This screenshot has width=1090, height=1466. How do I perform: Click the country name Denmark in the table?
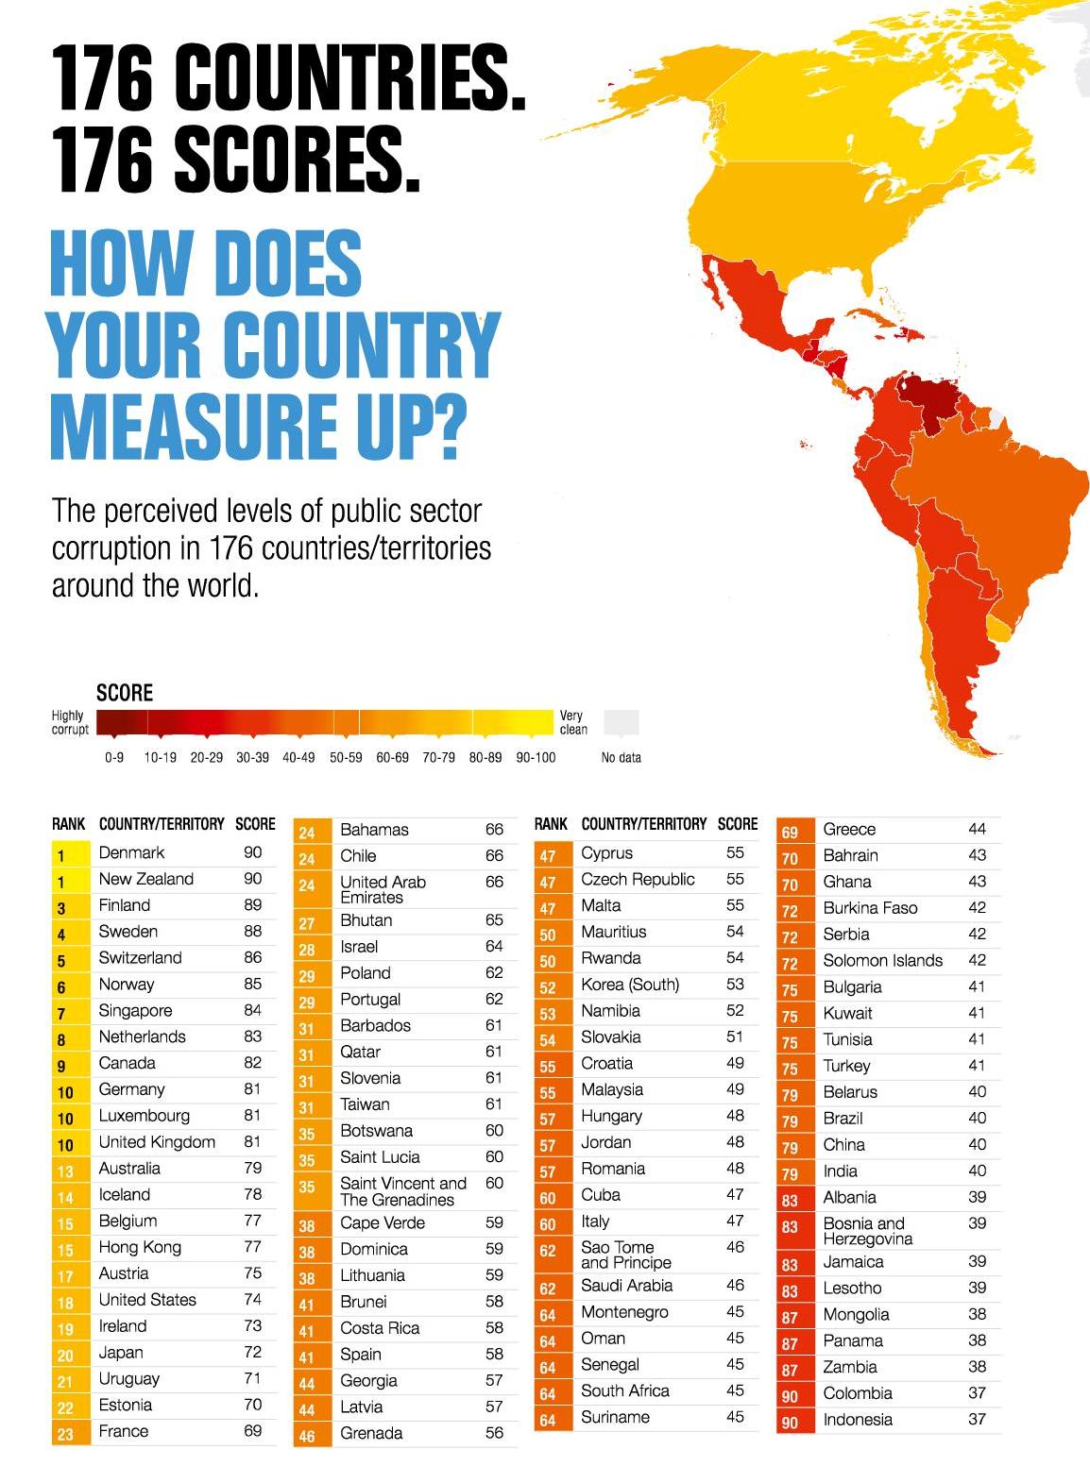(131, 852)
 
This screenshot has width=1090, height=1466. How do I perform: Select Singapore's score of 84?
(252, 1010)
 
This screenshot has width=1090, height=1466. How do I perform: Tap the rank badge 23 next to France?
(65, 1434)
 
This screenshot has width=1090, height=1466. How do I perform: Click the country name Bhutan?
(366, 920)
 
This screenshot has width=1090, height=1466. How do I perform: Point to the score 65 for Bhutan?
(494, 920)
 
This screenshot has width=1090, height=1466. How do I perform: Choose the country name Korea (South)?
(629, 985)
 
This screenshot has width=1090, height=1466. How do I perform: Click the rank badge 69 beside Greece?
(790, 833)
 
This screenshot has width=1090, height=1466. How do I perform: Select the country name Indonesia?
(857, 1420)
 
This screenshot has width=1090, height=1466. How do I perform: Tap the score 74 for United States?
(252, 1299)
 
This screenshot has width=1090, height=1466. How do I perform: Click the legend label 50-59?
(346, 757)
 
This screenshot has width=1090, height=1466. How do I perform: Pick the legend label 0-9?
(114, 757)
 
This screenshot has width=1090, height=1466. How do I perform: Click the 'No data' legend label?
(621, 757)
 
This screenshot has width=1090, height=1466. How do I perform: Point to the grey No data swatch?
(621, 722)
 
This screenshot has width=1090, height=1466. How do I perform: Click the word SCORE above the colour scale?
(124, 693)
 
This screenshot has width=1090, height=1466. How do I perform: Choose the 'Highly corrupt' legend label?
(69, 722)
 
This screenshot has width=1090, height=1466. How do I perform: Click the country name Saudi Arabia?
(626, 1286)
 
